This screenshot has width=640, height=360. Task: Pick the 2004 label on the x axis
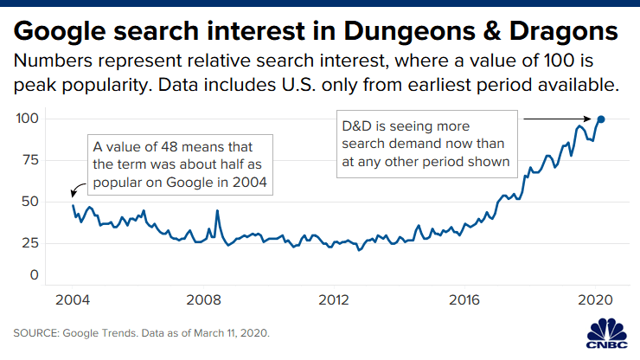click(73, 300)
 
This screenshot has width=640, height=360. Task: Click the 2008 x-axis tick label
click(203, 300)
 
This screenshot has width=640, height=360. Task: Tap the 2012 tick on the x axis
click(334, 300)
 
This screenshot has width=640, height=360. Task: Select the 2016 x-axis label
click(464, 300)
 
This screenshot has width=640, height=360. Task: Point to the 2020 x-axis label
click(595, 300)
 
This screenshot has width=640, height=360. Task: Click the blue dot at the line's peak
click(601, 119)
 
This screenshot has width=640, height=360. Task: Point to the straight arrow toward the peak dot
click(558, 119)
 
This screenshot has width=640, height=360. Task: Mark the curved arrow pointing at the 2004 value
click(78, 189)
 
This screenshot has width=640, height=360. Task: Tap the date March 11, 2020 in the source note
click(221, 333)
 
